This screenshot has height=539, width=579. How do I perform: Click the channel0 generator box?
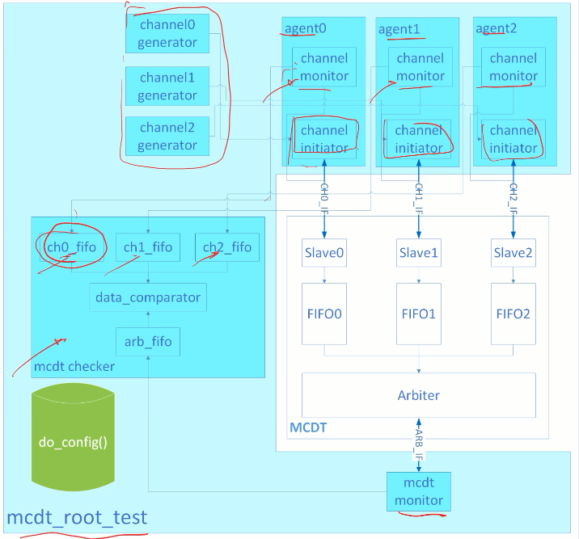(167, 33)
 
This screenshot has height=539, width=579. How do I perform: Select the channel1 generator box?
(167, 86)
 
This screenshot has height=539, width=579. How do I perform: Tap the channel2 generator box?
(167, 137)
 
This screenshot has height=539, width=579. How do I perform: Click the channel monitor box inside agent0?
(325, 67)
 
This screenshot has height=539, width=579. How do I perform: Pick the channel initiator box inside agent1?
(419, 139)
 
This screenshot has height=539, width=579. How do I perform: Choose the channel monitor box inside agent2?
(513, 67)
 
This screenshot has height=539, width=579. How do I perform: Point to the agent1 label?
(399, 30)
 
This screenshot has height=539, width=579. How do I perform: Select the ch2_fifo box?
(227, 247)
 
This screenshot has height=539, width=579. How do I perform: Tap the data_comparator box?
(147, 297)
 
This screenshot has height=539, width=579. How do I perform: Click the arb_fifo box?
(147, 343)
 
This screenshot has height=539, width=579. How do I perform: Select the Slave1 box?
(419, 253)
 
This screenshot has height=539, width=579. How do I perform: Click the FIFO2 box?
(513, 313)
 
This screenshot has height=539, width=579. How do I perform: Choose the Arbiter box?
(419, 395)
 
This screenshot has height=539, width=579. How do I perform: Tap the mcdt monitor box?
(419, 491)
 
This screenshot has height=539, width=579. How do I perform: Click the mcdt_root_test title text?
(78, 516)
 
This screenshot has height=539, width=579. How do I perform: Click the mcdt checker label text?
(74, 367)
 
